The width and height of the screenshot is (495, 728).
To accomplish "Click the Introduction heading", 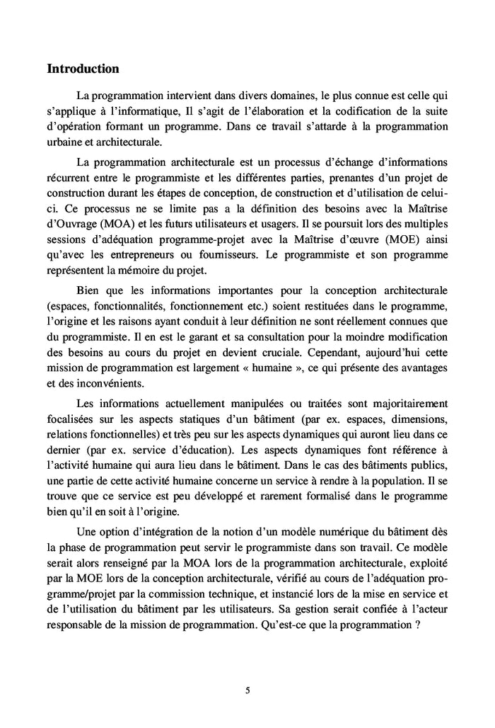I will pyautogui.click(x=82, y=69).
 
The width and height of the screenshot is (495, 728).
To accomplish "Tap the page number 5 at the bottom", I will pyautogui.click(x=248, y=690).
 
